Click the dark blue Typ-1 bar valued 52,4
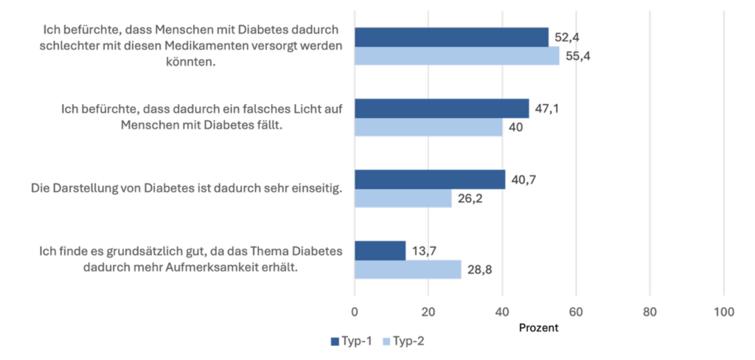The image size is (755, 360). pos(451,37)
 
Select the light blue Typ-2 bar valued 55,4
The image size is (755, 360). pos(456,56)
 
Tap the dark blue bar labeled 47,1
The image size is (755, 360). pos(442,108)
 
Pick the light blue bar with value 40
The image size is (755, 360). pos(428,127)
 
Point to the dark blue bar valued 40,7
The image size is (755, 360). pos(430,179)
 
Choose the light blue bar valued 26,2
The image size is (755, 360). pos(403,198)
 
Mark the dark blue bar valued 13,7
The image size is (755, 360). pos(380,250)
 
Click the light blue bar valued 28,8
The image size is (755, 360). pos(408,269)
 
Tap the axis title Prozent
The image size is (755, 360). pos(539,327)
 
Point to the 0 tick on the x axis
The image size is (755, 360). pos(355,312)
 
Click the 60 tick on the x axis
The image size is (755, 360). pos(576,312)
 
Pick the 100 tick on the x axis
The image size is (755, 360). pos(724,312)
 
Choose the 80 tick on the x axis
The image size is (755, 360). pos(650,312)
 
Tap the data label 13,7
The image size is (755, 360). pos(424,251)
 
